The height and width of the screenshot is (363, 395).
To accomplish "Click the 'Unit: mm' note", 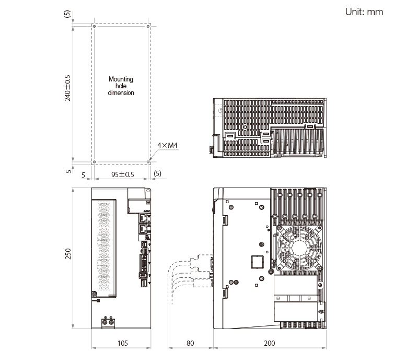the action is (x=364, y=12).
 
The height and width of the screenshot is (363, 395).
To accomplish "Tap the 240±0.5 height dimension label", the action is (x=67, y=88).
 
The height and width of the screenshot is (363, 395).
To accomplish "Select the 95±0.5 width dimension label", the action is (x=122, y=174).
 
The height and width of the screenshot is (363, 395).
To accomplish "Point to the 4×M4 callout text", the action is (x=167, y=145).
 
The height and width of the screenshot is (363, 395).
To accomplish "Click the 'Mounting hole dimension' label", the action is (x=121, y=86).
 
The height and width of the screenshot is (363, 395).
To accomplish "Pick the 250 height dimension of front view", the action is (x=68, y=254).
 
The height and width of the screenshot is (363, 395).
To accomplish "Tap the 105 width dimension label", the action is (x=123, y=343).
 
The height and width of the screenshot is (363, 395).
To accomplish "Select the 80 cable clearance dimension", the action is (x=190, y=343).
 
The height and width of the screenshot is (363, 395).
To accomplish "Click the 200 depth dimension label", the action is (x=269, y=343).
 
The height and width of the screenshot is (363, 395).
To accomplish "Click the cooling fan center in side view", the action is (x=299, y=248).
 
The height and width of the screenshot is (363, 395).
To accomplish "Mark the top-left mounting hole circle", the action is (x=94, y=26).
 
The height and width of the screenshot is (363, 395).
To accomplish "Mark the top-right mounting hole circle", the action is (x=148, y=26).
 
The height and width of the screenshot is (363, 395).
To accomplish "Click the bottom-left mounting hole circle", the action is (x=94, y=162).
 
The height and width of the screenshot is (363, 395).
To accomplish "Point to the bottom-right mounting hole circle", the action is (x=148, y=162).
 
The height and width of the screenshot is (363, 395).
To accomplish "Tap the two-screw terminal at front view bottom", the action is (x=108, y=322).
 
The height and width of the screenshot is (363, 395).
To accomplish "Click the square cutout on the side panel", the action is (x=258, y=262).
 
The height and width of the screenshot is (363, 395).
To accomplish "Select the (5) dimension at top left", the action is (x=67, y=14).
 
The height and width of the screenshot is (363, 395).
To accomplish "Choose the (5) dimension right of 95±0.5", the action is (x=157, y=173).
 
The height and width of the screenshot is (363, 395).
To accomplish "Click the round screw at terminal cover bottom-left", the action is (x=94, y=294).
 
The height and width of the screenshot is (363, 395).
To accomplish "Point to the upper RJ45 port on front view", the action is (x=143, y=218).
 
